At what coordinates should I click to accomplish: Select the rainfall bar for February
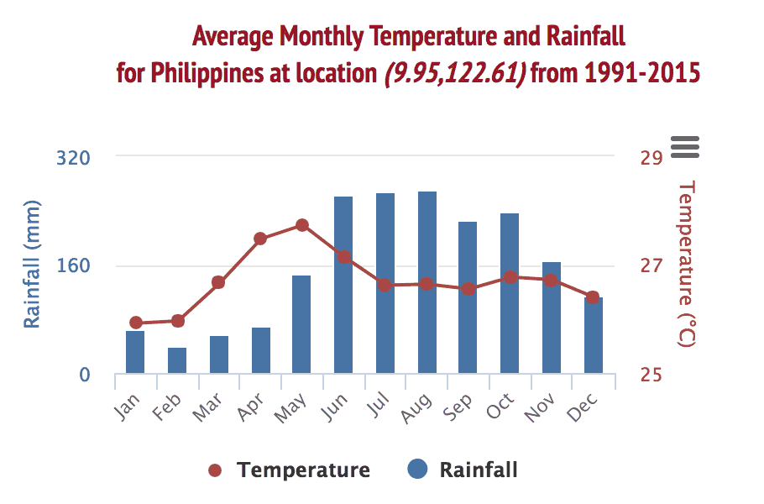point(177,360)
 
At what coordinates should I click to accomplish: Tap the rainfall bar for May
point(301,324)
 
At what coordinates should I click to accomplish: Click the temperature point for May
point(302,225)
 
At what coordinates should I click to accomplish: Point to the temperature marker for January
point(136,323)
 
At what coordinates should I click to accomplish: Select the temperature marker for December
point(593,297)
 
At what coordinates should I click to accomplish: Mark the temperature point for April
point(260,239)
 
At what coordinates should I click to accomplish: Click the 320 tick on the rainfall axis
point(73,157)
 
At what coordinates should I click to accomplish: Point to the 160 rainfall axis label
point(73,266)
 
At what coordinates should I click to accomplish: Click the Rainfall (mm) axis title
point(32,265)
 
